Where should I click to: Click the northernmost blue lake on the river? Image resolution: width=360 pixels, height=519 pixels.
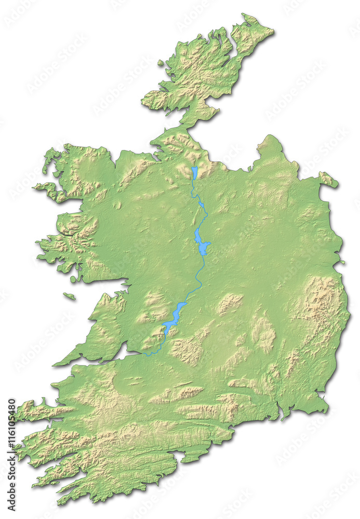coord(194,173)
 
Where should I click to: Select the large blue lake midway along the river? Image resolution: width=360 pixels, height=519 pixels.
coord(201,242)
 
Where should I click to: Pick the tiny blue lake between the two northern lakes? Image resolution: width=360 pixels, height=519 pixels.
coord(201,205)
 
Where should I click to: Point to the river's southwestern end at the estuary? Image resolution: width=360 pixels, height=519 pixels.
coord(146,354)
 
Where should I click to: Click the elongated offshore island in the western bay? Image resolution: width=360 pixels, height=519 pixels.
coord(69,296)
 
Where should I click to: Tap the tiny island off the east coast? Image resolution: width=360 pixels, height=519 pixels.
coord(342,262)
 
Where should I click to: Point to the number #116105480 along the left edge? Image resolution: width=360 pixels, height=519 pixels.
coord(11,417)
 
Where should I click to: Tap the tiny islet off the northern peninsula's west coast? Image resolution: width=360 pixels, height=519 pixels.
coord(161,63)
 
